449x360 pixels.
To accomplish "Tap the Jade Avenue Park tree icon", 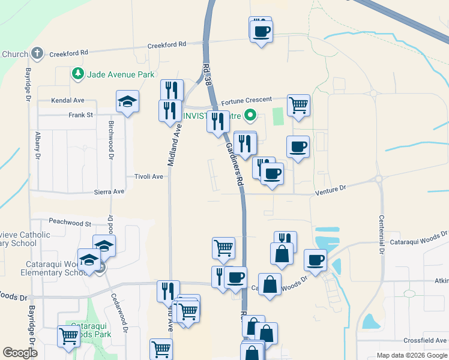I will click(x=77, y=74).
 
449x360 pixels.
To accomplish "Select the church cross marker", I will click(x=37, y=53).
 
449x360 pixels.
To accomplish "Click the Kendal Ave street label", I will click(x=68, y=100).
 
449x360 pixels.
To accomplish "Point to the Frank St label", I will click(x=80, y=115).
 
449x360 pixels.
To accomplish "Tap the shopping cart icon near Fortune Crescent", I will click(x=298, y=105).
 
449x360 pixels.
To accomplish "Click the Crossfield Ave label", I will click(x=424, y=340).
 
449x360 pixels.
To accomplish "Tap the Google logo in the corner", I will click(x=20, y=353).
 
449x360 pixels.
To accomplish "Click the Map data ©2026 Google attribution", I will click(x=412, y=356).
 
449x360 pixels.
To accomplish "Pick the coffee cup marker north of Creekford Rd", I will click(x=261, y=30).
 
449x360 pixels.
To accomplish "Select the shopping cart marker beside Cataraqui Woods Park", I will click(x=68, y=337).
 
